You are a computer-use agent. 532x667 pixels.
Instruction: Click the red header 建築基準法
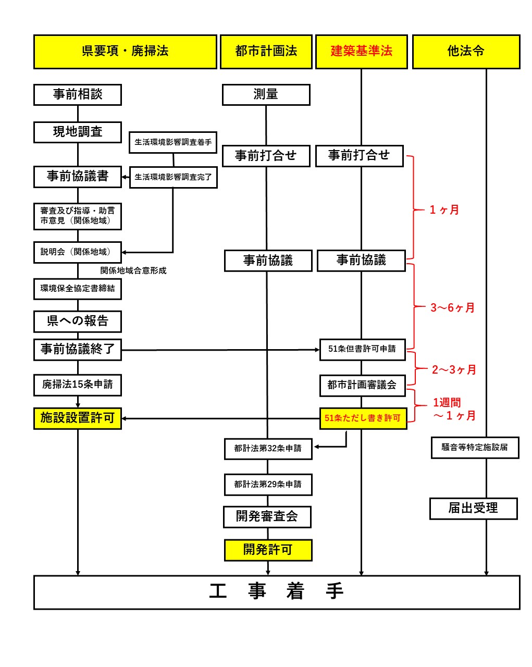point(361,52)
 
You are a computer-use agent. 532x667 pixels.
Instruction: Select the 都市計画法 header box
point(266,52)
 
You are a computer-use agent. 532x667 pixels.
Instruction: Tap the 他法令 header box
point(466,52)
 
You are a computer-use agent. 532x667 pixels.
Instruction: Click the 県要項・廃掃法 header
point(125,52)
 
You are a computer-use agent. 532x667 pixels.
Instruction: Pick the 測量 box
point(266,95)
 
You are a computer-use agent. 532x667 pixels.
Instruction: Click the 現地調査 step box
point(78,132)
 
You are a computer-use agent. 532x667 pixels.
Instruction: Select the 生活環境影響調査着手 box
point(173,142)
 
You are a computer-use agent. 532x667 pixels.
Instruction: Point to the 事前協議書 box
point(78,177)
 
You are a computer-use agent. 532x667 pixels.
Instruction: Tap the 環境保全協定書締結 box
point(78,289)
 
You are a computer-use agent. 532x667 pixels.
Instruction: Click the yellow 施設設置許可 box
point(78,418)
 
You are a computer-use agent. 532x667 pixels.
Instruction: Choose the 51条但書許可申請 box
point(362,349)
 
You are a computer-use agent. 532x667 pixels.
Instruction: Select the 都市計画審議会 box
point(362,385)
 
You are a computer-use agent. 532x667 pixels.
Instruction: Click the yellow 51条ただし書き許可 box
point(363,418)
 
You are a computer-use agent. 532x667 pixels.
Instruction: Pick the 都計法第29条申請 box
point(268,484)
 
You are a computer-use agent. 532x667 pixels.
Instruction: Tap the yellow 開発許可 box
point(268,550)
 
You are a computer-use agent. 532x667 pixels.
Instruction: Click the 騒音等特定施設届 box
point(475,448)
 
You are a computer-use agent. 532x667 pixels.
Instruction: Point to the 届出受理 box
point(473,509)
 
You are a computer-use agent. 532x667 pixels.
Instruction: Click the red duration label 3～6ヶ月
point(452,308)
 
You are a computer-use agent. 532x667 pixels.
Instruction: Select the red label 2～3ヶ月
point(454,370)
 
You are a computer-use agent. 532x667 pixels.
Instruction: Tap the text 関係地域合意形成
point(133,271)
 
